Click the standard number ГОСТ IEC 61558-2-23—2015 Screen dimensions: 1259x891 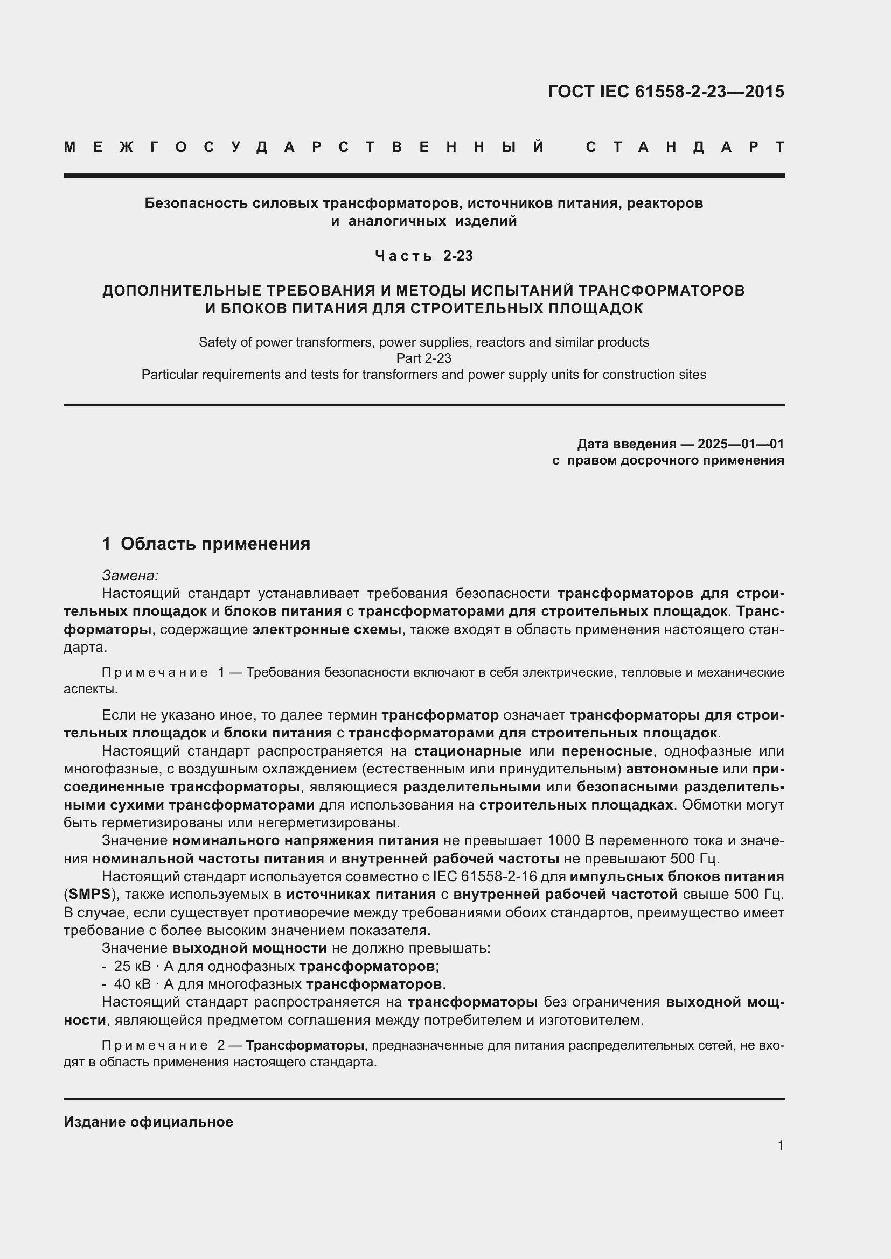point(665,92)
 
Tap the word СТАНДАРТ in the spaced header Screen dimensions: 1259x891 point(685,147)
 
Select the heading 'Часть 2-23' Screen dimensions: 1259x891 point(423,256)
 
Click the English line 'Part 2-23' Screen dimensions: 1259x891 point(423,358)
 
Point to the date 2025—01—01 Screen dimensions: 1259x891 point(741,444)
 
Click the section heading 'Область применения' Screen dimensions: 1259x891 point(215,544)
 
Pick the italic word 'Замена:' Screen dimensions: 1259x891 point(130,575)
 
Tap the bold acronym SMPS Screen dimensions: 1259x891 point(89,895)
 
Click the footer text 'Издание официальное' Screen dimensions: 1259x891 point(148,1122)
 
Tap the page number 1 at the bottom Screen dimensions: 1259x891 point(780,1145)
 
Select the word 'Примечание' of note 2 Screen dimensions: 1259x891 point(155,1046)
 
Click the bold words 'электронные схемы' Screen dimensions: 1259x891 point(326,630)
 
